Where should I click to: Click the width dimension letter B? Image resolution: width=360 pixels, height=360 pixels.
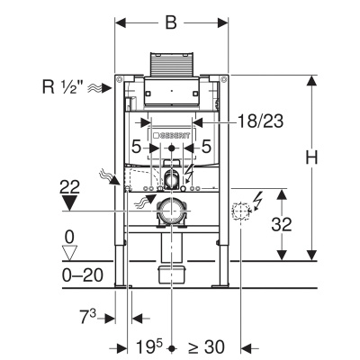[171, 22]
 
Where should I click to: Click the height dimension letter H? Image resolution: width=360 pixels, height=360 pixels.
[311, 157]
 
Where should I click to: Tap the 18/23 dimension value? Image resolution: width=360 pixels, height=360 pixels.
[260, 121]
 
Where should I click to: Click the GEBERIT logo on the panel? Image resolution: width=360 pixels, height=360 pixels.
[172, 136]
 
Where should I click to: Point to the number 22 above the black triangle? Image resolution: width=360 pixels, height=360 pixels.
[69, 188]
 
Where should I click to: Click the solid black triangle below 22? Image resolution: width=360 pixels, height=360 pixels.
[69, 202]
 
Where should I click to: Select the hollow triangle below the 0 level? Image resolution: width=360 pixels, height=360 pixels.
[69, 253]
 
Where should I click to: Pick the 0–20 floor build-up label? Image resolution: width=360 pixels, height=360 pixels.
[83, 275]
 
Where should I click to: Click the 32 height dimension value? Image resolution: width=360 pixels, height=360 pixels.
[282, 224]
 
